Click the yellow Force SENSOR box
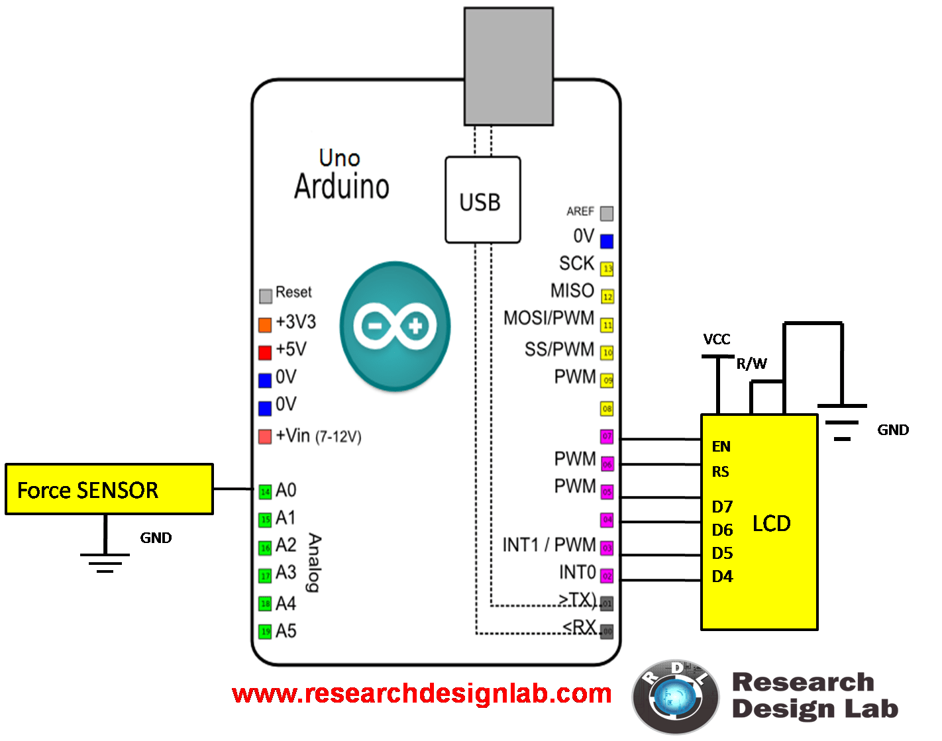109,489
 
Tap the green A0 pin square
265,491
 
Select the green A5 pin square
265,632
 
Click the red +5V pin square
265,352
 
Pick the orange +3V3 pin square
265,324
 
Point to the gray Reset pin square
266,295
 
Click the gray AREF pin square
607,213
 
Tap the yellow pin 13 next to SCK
607,268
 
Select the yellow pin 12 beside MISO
607,296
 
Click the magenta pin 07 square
607,436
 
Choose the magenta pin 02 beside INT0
607,576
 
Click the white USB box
482,200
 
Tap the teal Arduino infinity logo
395,326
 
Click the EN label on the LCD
721,446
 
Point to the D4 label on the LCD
722,576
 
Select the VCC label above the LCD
717,339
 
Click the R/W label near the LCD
751,364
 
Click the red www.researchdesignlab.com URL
421,693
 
